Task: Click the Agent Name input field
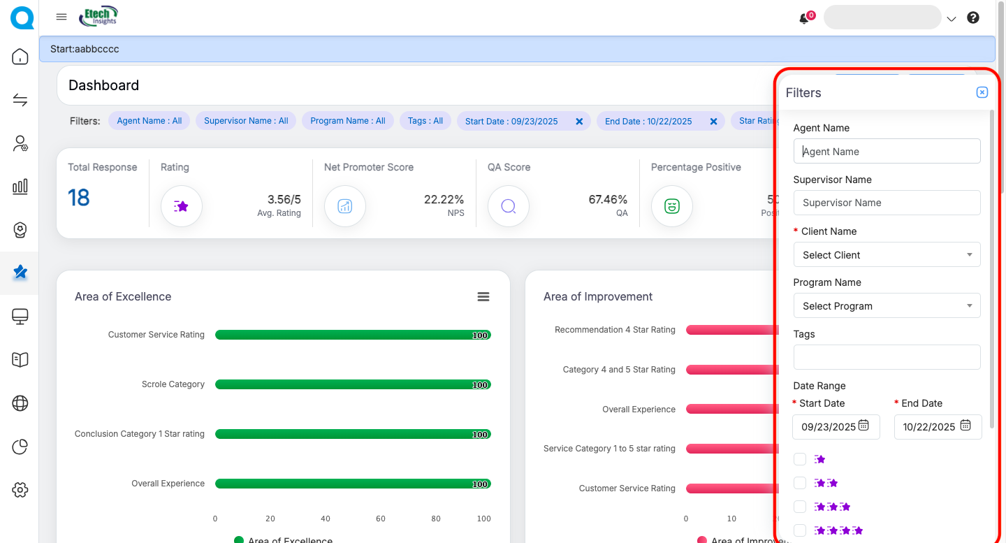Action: (887, 151)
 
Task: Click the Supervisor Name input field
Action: (887, 203)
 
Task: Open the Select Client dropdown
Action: (887, 254)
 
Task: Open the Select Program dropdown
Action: (887, 306)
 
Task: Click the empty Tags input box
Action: (887, 357)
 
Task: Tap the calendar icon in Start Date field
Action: (863, 426)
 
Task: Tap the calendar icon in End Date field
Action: (965, 426)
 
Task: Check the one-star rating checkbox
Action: (800, 459)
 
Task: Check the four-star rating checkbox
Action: (800, 530)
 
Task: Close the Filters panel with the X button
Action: (982, 92)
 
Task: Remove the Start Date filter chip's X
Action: (579, 122)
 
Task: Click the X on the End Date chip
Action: (713, 122)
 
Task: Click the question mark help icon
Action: (973, 18)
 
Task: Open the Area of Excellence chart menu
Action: (483, 297)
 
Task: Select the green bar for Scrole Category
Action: (353, 384)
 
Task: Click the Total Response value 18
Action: (79, 198)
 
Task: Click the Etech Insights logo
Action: (99, 16)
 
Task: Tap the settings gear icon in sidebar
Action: (20, 490)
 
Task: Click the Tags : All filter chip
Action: (425, 121)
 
